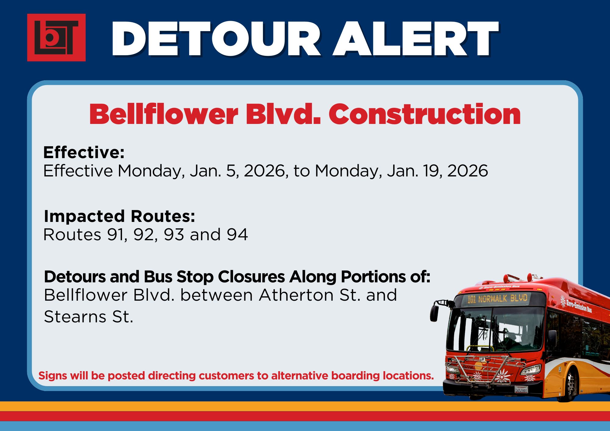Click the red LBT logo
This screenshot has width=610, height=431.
pyautogui.click(x=56, y=38)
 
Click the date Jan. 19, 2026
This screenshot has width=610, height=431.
pyautogui.click(x=437, y=171)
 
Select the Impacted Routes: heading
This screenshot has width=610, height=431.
pyautogui.click(x=120, y=216)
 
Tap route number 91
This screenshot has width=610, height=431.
pyautogui.click(x=117, y=235)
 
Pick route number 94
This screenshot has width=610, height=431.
pyautogui.click(x=237, y=234)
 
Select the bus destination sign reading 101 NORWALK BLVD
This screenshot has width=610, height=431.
pyautogui.click(x=497, y=299)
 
